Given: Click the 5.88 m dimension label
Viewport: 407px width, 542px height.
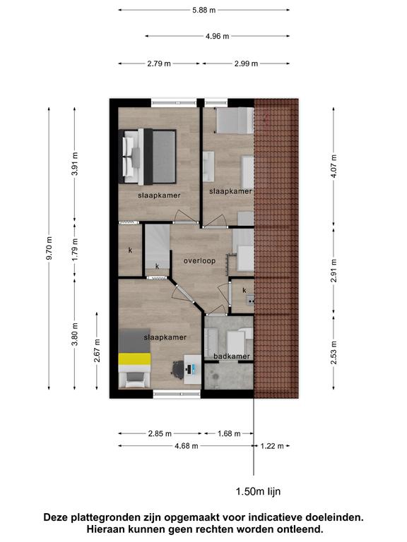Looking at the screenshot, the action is pyautogui.click(x=203, y=10).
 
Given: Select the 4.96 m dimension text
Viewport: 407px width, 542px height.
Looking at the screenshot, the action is pyautogui.click(x=218, y=36).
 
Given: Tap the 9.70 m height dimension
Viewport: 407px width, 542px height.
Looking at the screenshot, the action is pyautogui.click(x=49, y=248).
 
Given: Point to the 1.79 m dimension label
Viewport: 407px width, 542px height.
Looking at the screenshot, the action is pyautogui.click(x=75, y=250).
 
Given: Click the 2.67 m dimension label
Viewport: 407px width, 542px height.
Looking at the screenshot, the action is pyautogui.click(x=98, y=351).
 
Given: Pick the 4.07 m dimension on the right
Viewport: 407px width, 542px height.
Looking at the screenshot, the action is pyautogui.click(x=334, y=167).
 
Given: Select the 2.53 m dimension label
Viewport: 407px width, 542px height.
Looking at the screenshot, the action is pyautogui.click(x=334, y=353).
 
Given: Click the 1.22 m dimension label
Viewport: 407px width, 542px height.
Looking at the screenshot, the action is pyautogui.click(x=272, y=446).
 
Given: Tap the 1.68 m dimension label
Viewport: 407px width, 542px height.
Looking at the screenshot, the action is pyautogui.click(x=229, y=433).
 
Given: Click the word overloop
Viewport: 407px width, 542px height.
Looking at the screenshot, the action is pyautogui.click(x=199, y=261).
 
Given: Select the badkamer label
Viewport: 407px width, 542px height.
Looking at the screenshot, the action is pyautogui.click(x=232, y=356).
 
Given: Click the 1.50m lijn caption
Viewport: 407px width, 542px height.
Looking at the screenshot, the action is pyautogui.click(x=258, y=491).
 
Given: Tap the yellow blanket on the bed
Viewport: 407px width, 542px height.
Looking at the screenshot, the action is pyautogui.click(x=135, y=359).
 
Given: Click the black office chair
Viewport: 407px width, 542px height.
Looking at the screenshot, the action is pyautogui.click(x=177, y=370).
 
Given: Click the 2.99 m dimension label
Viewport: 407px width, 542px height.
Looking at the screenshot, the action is pyautogui.click(x=246, y=64).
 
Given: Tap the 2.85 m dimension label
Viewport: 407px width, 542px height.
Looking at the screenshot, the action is pyautogui.click(x=160, y=433).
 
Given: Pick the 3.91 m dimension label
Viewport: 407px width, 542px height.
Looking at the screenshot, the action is pyautogui.click(x=75, y=164).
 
